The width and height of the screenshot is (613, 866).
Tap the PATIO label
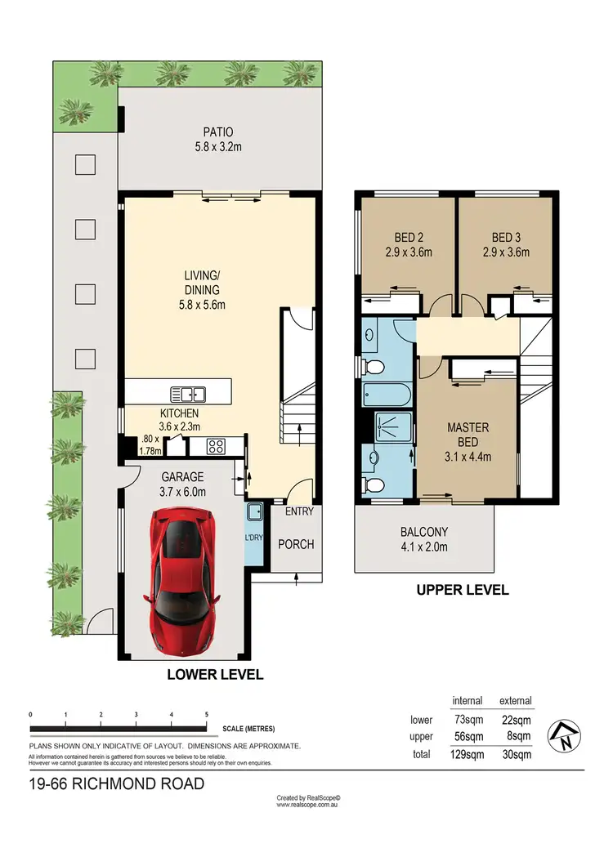click(x=218, y=132)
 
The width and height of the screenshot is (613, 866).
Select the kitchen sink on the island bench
click(x=188, y=394)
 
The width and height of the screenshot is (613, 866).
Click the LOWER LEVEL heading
click(x=215, y=675)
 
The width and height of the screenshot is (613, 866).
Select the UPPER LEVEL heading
click(x=463, y=589)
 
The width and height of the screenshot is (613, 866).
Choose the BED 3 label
click(x=506, y=238)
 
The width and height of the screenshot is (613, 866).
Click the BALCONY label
click(x=424, y=533)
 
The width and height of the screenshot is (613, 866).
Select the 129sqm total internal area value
click(x=466, y=754)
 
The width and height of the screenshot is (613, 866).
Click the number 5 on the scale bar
click(x=207, y=713)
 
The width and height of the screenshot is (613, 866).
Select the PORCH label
click(x=295, y=544)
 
